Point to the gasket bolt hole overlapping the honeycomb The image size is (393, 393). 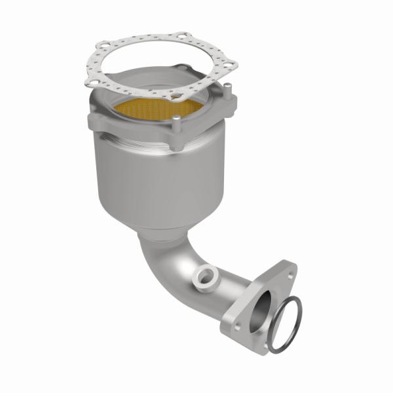click(x=172, y=96)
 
